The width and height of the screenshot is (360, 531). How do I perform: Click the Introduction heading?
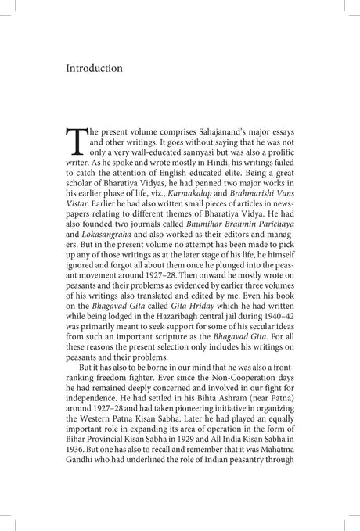94,69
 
